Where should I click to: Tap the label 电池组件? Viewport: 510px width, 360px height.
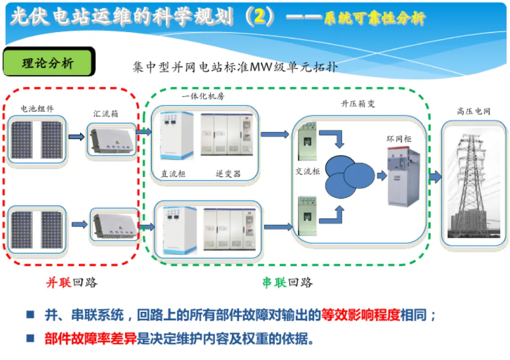(x=37, y=109)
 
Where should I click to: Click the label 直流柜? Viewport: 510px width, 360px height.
(x=173, y=174)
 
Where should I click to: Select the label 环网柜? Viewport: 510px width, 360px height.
(x=399, y=139)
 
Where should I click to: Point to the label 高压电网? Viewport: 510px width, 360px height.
(x=473, y=111)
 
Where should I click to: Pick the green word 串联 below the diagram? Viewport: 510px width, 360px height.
(x=274, y=283)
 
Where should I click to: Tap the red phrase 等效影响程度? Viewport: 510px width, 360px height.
(x=360, y=315)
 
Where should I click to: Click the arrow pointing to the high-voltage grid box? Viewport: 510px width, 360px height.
(x=435, y=177)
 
